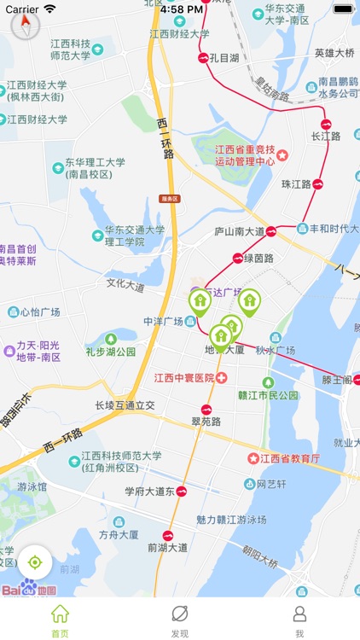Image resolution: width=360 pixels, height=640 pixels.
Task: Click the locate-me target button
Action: click(35, 562)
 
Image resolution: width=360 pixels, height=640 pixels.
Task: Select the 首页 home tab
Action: click(60, 620)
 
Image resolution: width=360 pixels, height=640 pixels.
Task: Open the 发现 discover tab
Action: click(180, 620)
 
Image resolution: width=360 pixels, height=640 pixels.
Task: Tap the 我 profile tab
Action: click(299, 620)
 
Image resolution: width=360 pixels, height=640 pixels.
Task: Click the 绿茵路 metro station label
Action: click(258, 258)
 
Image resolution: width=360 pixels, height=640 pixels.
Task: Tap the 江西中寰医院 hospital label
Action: click(183, 377)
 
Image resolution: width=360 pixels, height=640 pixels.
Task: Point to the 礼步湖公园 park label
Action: click(110, 351)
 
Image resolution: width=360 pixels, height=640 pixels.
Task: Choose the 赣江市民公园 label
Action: click(270, 395)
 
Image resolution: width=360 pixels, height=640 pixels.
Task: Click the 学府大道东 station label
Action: click(149, 492)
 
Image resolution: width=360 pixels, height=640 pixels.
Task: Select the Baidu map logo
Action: click(28, 589)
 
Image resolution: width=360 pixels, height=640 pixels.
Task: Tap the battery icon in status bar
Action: click(343, 9)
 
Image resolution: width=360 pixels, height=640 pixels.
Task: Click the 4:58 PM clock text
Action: click(181, 9)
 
